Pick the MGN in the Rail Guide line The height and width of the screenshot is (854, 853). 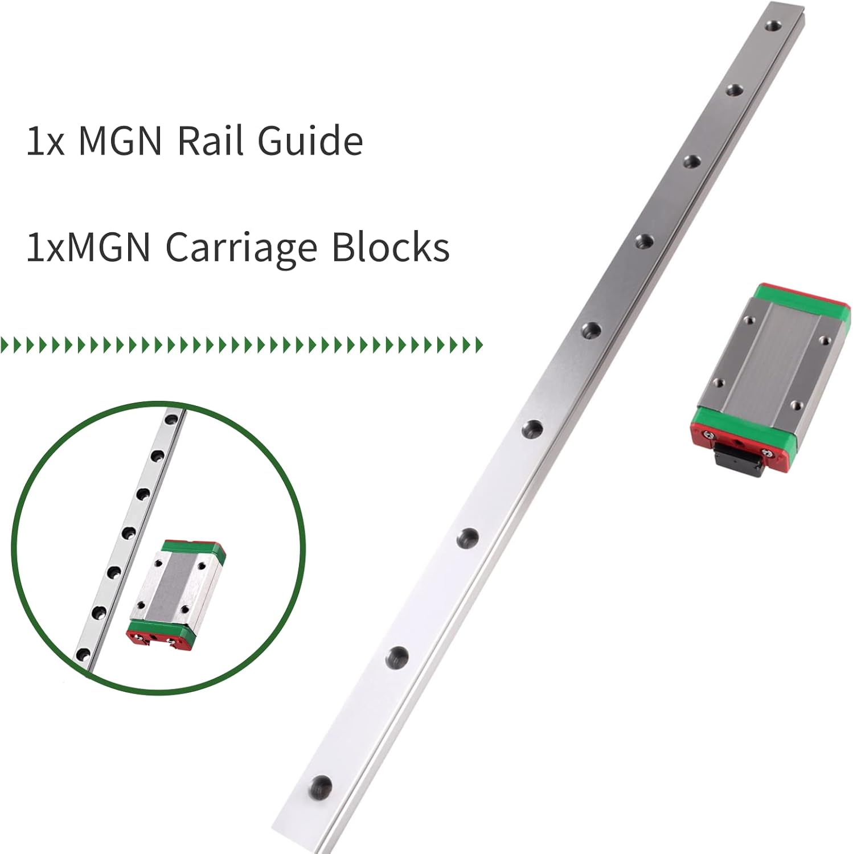point(121,140)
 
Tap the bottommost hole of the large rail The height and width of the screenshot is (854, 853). point(321,788)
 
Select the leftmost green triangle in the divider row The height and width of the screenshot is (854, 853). point(5,344)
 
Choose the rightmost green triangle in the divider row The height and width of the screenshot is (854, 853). point(479,344)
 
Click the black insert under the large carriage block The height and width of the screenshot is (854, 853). point(737,461)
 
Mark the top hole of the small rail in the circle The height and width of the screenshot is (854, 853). point(170,420)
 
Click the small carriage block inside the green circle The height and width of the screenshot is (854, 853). point(175,595)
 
